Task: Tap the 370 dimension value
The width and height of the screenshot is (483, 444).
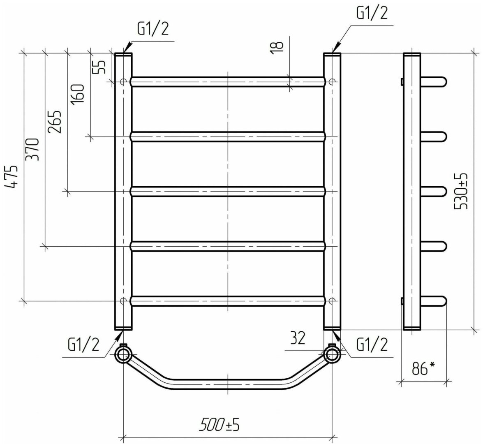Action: coord(33,149)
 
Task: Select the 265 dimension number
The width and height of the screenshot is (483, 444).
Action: coord(55,121)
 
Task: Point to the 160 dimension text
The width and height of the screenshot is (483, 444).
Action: coord(77,95)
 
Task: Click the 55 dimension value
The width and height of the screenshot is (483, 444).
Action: coord(99,67)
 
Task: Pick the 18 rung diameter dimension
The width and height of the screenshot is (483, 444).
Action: coord(277,48)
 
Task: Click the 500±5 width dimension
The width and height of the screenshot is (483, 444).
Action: coord(220,425)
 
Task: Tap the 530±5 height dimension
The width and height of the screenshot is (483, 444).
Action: coord(461,191)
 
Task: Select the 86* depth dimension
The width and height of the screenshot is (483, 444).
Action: coord(423,368)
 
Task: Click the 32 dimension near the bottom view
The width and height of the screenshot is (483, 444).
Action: coord(297,338)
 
